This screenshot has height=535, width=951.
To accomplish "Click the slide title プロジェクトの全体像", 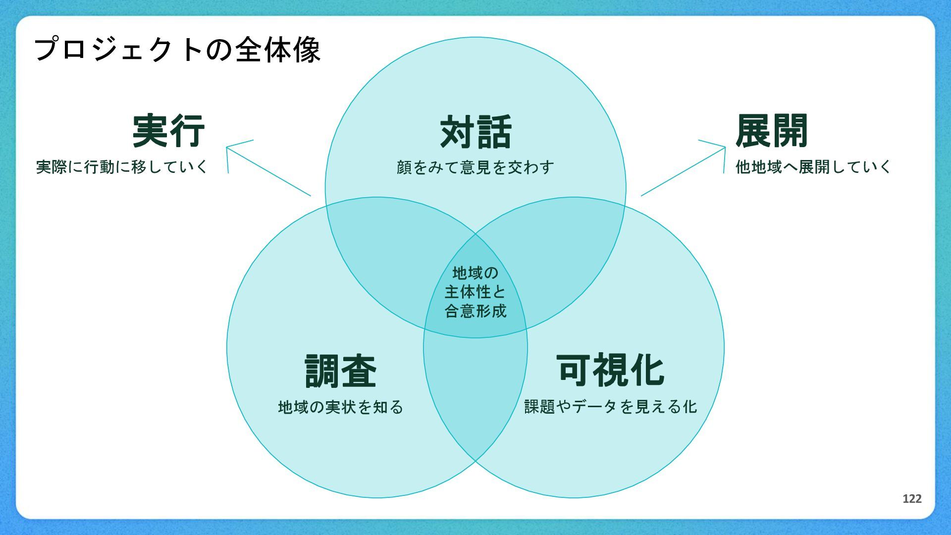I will coord(177,50).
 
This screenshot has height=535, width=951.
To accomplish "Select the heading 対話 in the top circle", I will coord(475,132).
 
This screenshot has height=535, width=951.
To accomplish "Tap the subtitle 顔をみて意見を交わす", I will coord(475,167).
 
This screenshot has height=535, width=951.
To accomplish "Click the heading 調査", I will coord(340,371).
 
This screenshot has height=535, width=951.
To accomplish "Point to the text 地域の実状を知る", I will coord(341,407).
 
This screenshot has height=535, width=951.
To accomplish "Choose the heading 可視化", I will coord(610,370).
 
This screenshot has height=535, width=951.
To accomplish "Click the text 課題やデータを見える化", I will coord(611,407).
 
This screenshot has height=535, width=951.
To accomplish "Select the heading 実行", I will coord(168,131).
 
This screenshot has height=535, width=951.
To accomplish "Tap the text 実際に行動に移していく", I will coord(122,167).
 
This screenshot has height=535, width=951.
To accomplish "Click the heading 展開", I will coord(772,131).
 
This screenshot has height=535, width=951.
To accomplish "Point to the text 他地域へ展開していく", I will coord(813,167).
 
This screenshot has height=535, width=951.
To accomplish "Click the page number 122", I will coord(912,499).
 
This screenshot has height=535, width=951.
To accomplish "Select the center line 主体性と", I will coord(475,292).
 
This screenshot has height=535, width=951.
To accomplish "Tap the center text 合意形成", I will coord(475,311).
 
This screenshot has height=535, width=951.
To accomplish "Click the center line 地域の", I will coord(475,273).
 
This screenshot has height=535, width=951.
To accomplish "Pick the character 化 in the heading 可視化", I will coord(646,370).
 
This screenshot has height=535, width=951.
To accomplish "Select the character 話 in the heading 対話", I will coord(494,132).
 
